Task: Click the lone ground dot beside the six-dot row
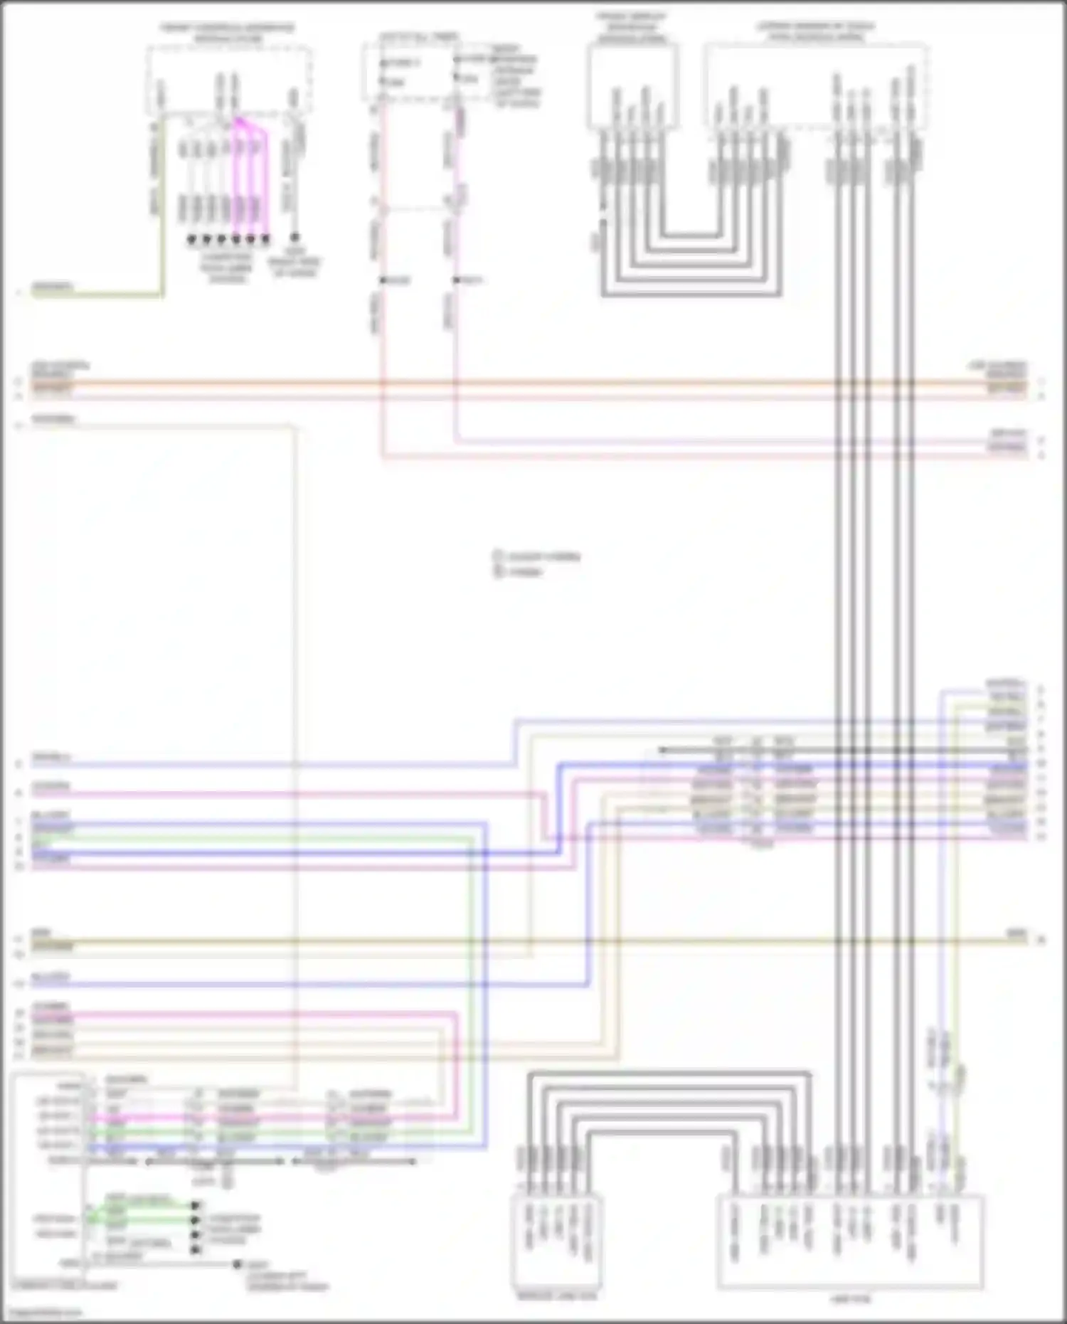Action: pyautogui.click(x=294, y=238)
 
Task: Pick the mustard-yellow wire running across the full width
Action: pyautogui.click(x=526, y=941)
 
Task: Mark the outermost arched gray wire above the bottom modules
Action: pyautogui.click(x=669, y=1073)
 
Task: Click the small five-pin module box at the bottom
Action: pyautogui.click(x=556, y=1241)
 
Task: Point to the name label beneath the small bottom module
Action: pyautogui.click(x=557, y=1296)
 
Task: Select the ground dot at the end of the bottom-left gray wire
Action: pyautogui.click(x=237, y=1265)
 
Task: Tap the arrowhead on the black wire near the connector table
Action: pyautogui.click(x=662, y=750)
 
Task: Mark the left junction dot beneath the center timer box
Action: pyautogui.click(x=383, y=280)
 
